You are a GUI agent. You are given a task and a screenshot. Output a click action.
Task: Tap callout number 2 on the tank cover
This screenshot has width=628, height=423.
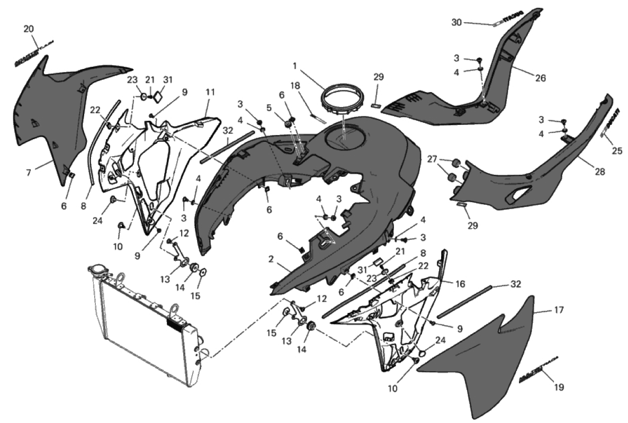[x=271, y=259]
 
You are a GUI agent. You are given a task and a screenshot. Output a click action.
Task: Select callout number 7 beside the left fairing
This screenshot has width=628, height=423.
[x=29, y=172]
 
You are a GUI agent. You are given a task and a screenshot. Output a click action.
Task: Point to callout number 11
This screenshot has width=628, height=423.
[x=210, y=92]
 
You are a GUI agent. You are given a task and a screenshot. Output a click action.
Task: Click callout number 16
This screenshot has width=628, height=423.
[x=460, y=284]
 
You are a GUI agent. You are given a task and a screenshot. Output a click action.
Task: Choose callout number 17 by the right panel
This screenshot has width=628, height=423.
[x=559, y=311]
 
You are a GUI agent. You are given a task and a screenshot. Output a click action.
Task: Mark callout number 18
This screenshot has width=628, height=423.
[x=295, y=85]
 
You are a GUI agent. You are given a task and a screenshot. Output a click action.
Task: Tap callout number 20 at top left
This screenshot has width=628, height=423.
[x=29, y=29]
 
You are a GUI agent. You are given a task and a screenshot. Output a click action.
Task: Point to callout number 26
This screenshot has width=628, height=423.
[x=540, y=78]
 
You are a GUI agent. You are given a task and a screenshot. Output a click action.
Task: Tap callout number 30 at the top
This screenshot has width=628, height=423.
[x=456, y=22]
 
